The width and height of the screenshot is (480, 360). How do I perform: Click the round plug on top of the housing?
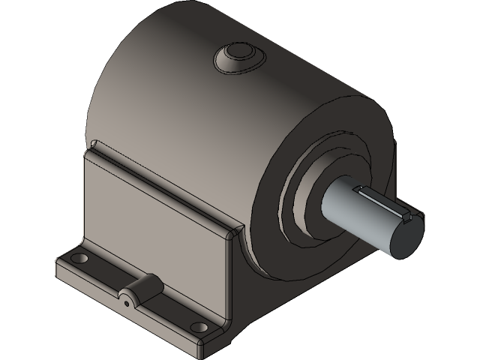(x=237, y=55)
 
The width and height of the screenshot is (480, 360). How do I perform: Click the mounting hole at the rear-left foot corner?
(x=78, y=259)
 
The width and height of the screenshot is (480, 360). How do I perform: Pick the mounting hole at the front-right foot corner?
(x=199, y=327)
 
